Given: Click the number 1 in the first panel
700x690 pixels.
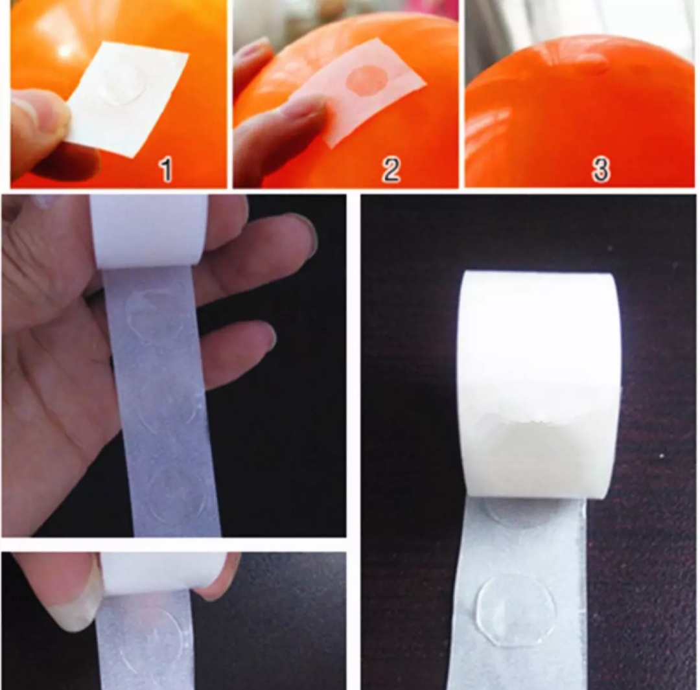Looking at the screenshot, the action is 166,170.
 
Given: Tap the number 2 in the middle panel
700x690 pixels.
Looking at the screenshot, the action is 391,170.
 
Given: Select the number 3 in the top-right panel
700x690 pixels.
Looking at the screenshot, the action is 600,169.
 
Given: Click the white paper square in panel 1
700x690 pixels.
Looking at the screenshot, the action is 128,97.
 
